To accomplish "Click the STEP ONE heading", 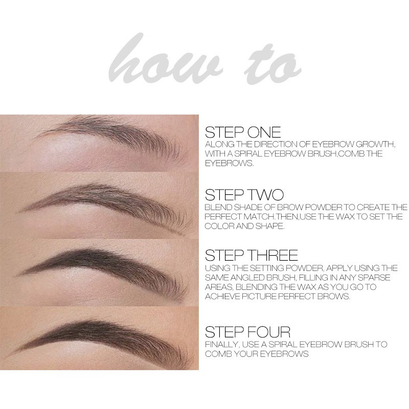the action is click(x=242, y=132).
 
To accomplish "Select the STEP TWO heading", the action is click(x=244, y=195).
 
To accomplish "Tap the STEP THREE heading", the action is click(x=251, y=255).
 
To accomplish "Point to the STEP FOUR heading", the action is click(x=247, y=332).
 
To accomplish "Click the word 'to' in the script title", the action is click(x=272, y=66).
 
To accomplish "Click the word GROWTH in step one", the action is click(x=375, y=144).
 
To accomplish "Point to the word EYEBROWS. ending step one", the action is click(x=229, y=163).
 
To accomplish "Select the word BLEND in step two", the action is click(x=218, y=208).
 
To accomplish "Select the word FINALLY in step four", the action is click(x=222, y=345).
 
